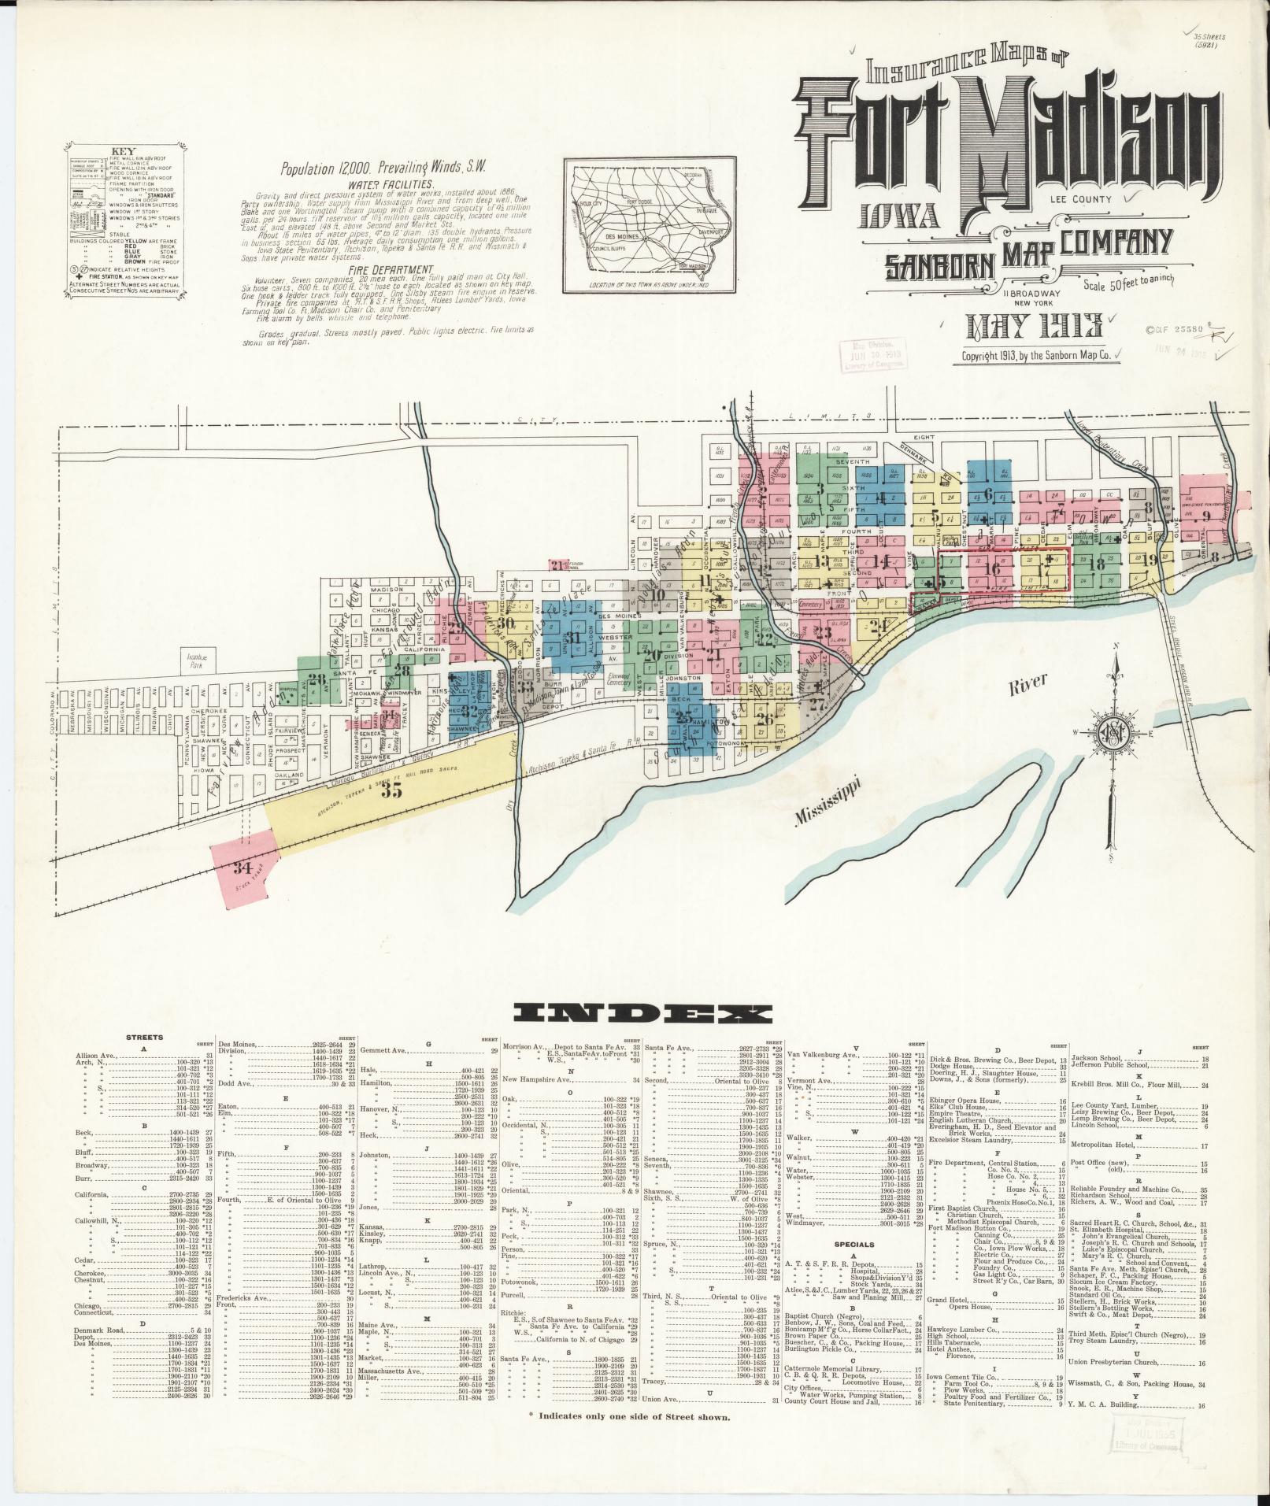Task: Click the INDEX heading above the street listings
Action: coord(641,1014)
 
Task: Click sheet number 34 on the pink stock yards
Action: coord(242,869)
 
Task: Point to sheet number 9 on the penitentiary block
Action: coord(1205,516)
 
